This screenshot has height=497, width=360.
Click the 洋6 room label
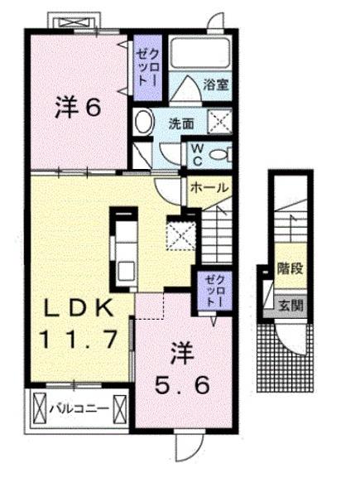[x=79, y=108]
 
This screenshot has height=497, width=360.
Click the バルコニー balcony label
[x=79, y=408]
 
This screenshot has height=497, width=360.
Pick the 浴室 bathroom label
[x=216, y=84]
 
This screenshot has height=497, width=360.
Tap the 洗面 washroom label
[x=181, y=124]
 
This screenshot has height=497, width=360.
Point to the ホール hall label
[x=209, y=188]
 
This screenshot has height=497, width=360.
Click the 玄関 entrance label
[x=290, y=305]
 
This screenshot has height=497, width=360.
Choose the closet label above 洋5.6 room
[x=214, y=292]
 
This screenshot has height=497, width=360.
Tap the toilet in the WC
[x=218, y=154]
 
